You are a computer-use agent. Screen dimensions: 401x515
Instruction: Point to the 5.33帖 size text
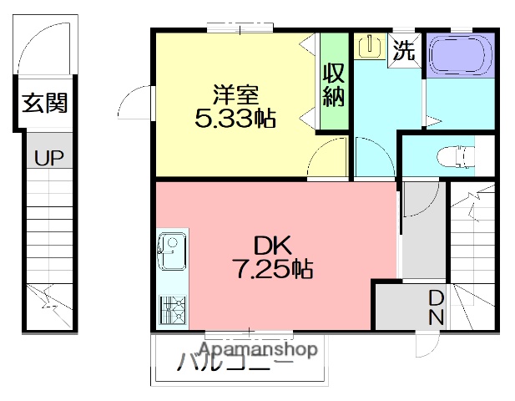pyautogui.click(x=235, y=119)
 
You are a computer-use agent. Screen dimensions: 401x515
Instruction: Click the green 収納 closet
pyautogui.click(x=334, y=82)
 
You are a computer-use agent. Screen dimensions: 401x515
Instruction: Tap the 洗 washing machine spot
pyautogui.click(x=404, y=51)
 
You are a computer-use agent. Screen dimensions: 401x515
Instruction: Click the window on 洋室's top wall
pyautogui.click(x=237, y=30)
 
